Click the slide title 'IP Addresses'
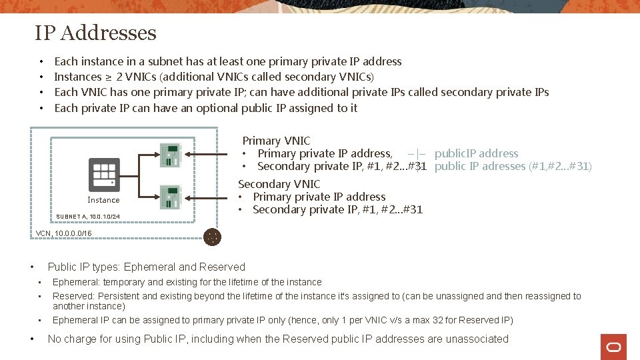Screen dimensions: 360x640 pyautogui.click(x=95, y=33)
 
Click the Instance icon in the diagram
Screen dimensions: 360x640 pyautogui.click(x=104, y=175)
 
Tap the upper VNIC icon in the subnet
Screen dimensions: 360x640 pyautogui.click(x=170, y=155)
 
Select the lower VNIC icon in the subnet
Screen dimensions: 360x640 pyautogui.click(x=170, y=197)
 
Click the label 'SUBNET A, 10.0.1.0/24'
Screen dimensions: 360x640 pyautogui.click(x=88, y=217)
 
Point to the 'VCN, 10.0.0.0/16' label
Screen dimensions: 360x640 pyautogui.click(x=64, y=233)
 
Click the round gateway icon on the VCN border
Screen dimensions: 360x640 pyautogui.click(x=213, y=237)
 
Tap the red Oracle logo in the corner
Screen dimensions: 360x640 pyautogui.click(x=613, y=347)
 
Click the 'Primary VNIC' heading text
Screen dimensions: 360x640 pyautogui.click(x=276, y=141)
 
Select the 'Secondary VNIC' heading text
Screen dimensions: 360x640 pyautogui.click(x=279, y=184)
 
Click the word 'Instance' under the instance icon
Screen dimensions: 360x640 pyautogui.click(x=103, y=200)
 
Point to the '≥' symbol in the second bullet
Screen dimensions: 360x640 pyautogui.click(x=107, y=77)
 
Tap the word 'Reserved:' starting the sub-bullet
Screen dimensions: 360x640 pyautogui.click(x=74, y=296)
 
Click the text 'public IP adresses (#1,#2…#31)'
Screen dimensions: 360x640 pyautogui.click(x=513, y=166)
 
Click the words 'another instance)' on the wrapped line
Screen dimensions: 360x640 pyautogui.click(x=89, y=307)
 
